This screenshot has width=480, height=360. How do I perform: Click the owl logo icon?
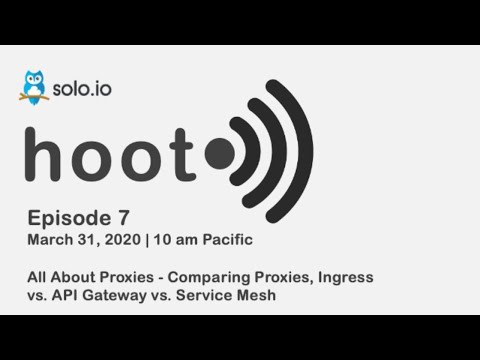click(33, 87)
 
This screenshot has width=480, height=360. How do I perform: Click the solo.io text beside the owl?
click(83, 88)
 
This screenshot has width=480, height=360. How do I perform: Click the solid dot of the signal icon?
click(219, 153)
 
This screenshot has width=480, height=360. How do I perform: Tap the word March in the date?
click(49, 240)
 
